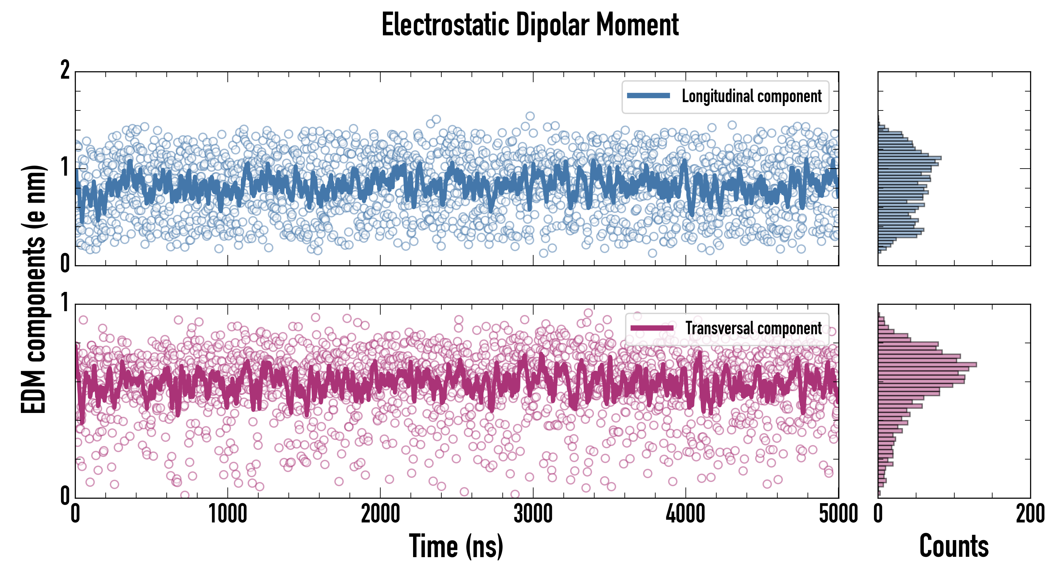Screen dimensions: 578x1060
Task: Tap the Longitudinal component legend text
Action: [751, 96]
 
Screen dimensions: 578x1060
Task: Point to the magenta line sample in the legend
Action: [652, 328]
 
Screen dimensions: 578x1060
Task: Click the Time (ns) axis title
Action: [456, 546]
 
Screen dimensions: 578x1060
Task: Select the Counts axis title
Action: [954, 546]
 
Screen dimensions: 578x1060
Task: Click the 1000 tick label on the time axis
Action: [227, 514]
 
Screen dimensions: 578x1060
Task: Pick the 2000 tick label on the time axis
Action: [380, 514]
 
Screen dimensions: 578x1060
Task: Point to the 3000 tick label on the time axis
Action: [533, 514]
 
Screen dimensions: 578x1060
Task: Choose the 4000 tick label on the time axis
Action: [685, 514]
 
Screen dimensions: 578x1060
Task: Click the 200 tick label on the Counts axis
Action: [1030, 514]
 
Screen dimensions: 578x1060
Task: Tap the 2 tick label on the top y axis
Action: [65, 70]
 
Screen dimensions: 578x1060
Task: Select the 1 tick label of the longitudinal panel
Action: [65, 167]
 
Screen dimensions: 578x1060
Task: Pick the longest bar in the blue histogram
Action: [909, 158]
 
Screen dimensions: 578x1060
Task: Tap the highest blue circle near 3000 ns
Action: [530, 116]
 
